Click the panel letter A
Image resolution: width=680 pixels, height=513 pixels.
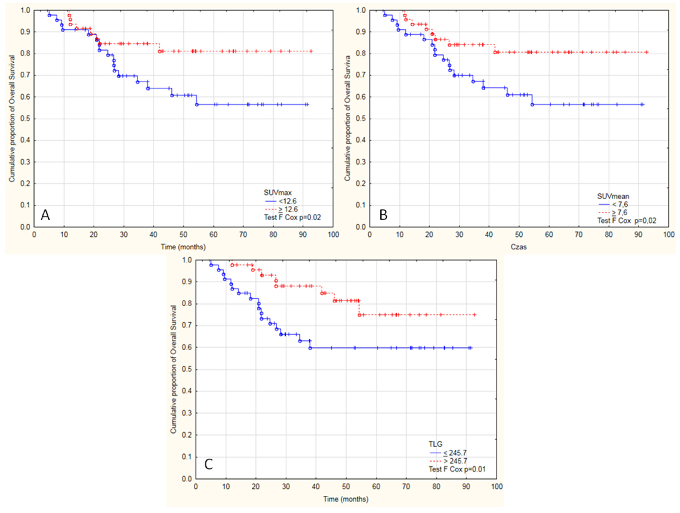pos(45,215)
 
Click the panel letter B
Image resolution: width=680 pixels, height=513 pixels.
pos(383,215)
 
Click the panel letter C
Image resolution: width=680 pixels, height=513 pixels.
pos(208,464)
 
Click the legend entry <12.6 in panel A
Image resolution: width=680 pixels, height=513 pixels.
pos(288,201)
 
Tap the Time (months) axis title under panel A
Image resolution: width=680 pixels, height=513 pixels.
pos(183,247)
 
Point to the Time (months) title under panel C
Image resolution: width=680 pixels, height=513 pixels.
pos(346,499)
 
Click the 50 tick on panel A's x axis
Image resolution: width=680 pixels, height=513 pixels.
pos(183,235)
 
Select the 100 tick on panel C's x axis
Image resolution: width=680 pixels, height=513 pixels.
pos(497,486)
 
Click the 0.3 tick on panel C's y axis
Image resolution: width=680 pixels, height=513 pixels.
pos(187,413)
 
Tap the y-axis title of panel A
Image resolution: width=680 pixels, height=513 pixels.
pos(12,118)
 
